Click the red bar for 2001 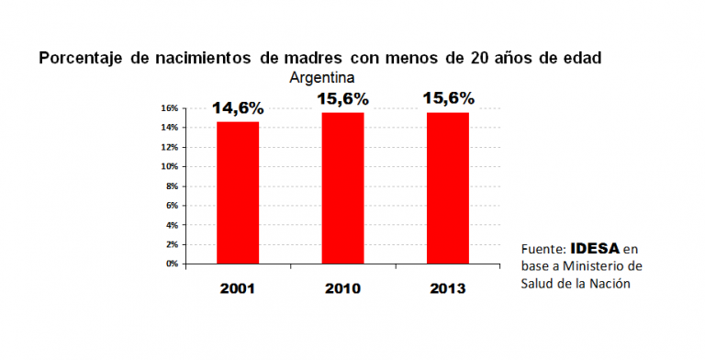(x=238, y=193)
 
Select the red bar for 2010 (x=342, y=187)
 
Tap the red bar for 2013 (x=448, y=187)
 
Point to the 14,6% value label (x=238, y=108)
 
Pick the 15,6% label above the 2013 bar (x=448, y=97)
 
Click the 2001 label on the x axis (x=238, y=288)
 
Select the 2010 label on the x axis (x=342, y=288)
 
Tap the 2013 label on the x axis (x=448, y=288)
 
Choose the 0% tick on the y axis (x=172, y=264)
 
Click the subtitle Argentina (x=322, y=76)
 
